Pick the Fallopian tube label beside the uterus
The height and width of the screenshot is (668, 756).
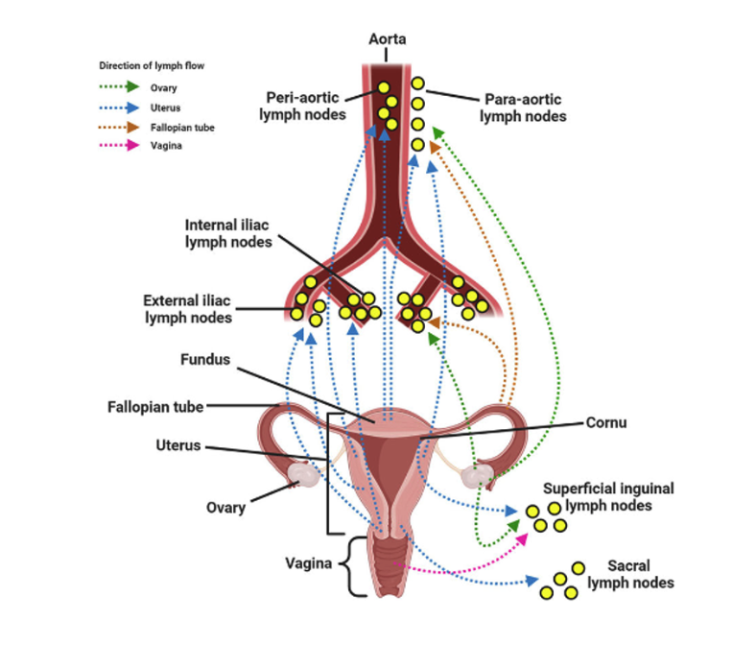154,407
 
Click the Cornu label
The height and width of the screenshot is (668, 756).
608,421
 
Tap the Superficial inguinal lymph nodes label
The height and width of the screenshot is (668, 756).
609,496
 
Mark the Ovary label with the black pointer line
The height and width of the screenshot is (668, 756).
224,508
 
